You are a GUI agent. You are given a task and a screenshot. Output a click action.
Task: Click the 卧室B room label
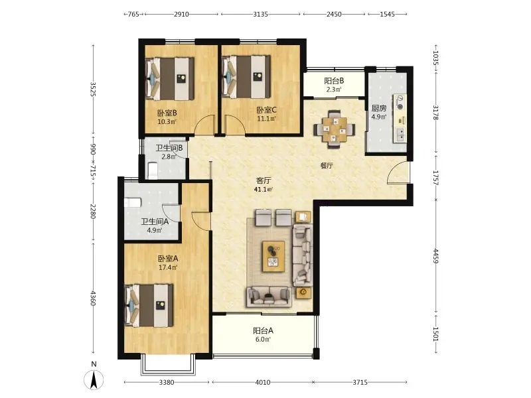[167, 113]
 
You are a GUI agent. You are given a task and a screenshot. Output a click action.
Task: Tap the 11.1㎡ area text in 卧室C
[267, 119]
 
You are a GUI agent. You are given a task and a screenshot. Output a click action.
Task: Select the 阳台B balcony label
[334, 81]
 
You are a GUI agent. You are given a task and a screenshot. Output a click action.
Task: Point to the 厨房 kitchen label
[378, 108]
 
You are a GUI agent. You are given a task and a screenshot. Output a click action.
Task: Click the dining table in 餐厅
[335, 129]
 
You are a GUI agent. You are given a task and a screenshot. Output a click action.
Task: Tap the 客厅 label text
[263, 180]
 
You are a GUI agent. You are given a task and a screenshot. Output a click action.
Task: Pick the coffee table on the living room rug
[273, 256]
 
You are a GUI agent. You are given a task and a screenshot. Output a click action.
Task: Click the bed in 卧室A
[149, 306]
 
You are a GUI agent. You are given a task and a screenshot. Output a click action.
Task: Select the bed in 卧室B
[170, 78]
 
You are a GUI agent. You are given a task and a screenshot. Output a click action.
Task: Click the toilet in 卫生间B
[153, 170]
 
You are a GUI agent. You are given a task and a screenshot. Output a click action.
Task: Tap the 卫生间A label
[155, 222]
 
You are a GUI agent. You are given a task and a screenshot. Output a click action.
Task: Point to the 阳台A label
[263, 330]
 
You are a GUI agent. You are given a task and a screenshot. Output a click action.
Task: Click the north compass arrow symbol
[94, 379]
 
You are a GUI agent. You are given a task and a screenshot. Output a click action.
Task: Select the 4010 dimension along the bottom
[262, 383]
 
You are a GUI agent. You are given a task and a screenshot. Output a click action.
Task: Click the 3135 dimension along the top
[260, 14]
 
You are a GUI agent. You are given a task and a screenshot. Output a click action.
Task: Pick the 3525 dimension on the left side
[93, 89]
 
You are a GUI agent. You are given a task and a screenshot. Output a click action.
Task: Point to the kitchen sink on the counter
[400, 135]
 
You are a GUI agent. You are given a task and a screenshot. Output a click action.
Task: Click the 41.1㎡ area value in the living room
[263, 190]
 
